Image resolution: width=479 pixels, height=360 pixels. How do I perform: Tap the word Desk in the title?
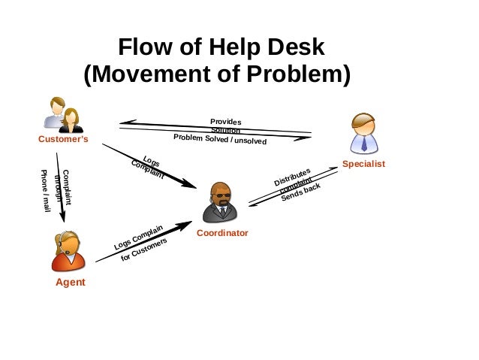coord(295,47)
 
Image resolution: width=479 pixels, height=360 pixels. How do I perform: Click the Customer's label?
coord(63,140)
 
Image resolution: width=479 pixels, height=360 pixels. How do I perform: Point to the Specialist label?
coord(363,164)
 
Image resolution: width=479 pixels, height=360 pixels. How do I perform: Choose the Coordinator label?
coord(222,234)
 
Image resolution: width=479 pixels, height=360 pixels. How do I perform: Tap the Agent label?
coord(71,283)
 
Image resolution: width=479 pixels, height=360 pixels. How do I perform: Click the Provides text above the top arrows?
coord(225,122)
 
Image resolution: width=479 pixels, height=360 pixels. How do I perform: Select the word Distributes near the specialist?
coord(291,177)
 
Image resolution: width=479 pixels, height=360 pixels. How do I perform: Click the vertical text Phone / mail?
coord(45,190)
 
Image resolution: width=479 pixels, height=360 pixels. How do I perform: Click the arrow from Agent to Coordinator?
coord(143,242)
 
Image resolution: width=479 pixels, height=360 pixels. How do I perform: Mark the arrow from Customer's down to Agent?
coord(60,187)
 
